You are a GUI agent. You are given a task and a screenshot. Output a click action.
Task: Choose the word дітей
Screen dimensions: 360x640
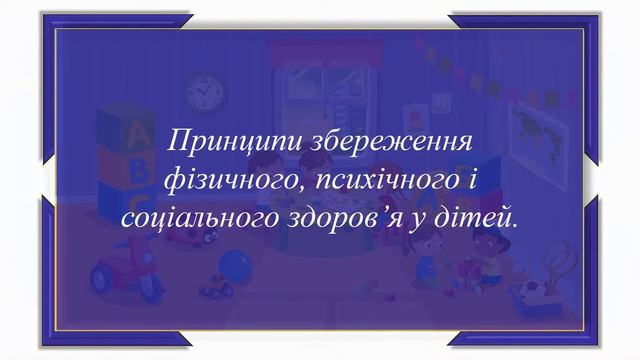pyautogui.click(x=481, y=215)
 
